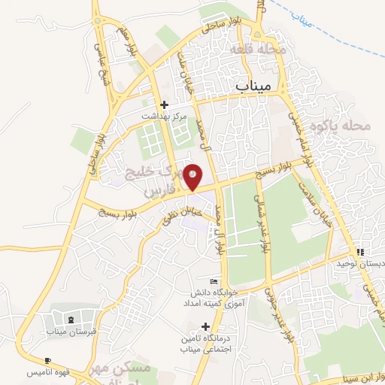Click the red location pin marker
pos(193,176)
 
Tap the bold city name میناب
pos(251,86)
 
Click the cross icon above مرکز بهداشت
pos(165,105)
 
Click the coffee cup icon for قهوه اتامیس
pos(48,362)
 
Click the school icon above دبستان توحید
pos(359,252)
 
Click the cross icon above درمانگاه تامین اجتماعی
pos(205,326)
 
